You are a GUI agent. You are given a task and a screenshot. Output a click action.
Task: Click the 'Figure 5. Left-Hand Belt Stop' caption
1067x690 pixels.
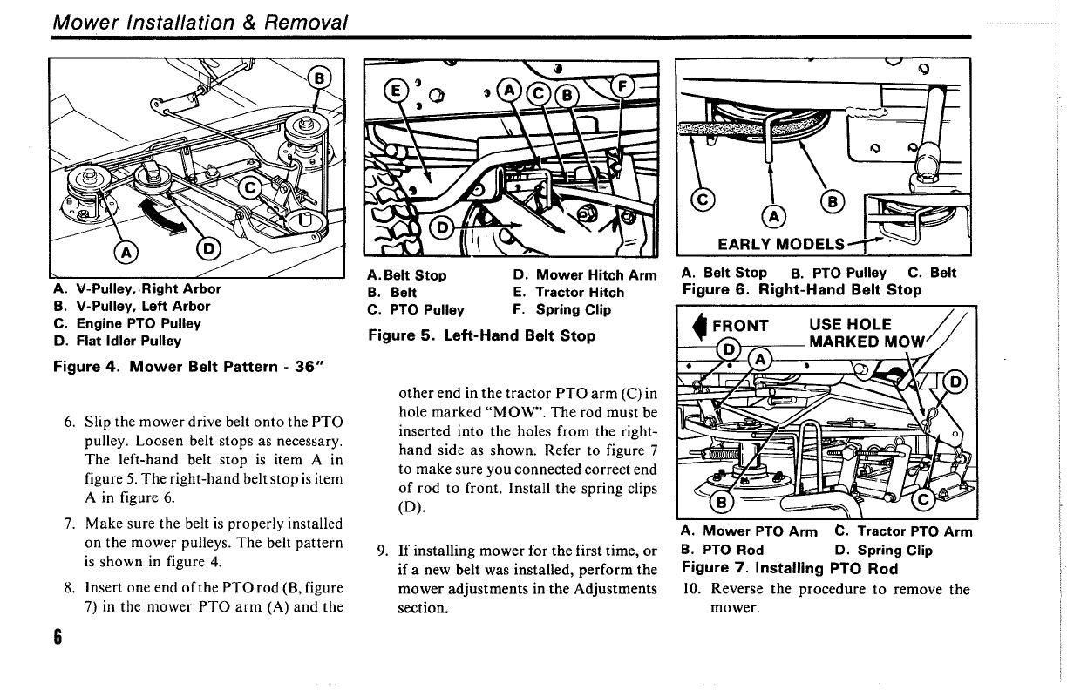(x=482, y=335)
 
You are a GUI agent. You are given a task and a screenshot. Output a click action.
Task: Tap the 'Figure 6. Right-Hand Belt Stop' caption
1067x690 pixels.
(x=801, y=289)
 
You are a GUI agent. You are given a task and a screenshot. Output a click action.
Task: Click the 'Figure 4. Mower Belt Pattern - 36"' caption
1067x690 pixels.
(x=182, y=366)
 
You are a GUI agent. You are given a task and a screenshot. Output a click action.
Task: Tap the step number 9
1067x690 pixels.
(x=382, y=551)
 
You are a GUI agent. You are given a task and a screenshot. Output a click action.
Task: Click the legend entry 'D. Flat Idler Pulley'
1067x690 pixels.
(x=118, y=341)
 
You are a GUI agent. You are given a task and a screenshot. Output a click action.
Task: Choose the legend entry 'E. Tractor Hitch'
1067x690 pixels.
(x=568, y=293)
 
